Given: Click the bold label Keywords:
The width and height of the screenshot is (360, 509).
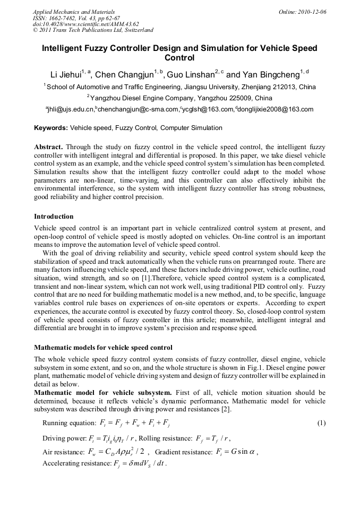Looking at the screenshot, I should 51,128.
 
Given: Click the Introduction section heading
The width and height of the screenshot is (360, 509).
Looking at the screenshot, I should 54,217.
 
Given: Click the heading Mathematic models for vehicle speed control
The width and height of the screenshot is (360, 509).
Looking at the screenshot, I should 103,348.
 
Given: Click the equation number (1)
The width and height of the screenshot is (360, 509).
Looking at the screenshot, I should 321,423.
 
